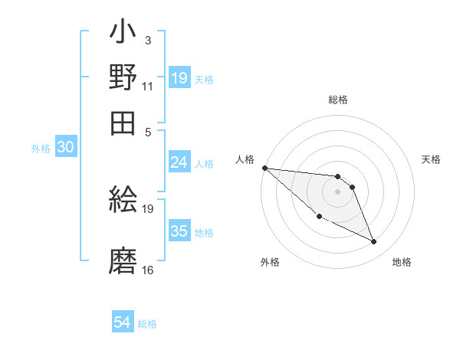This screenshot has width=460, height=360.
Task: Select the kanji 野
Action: point(123,77)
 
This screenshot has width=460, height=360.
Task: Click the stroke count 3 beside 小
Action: point(147,40)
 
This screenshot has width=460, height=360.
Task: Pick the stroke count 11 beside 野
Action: point(148,86)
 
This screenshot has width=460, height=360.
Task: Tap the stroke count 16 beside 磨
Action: point(148,270)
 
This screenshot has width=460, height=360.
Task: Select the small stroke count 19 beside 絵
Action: point(148,208)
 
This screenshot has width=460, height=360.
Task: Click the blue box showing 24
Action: point(179,162)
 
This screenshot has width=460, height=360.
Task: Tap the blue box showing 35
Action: point(179,231)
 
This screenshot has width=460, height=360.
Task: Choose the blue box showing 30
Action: point(65,149)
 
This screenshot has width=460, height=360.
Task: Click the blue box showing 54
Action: point(123,322)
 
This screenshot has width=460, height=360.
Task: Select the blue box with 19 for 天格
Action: point(179,78)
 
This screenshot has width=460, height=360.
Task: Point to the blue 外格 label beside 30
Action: point(41,149)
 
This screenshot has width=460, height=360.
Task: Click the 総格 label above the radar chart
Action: point(338,100)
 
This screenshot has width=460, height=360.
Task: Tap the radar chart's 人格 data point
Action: point(264,168)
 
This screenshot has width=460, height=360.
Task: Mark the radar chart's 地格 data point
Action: point(374,242)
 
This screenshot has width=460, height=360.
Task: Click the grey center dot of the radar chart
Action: point(337,191)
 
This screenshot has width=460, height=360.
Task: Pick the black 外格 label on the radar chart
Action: point(270,263)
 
